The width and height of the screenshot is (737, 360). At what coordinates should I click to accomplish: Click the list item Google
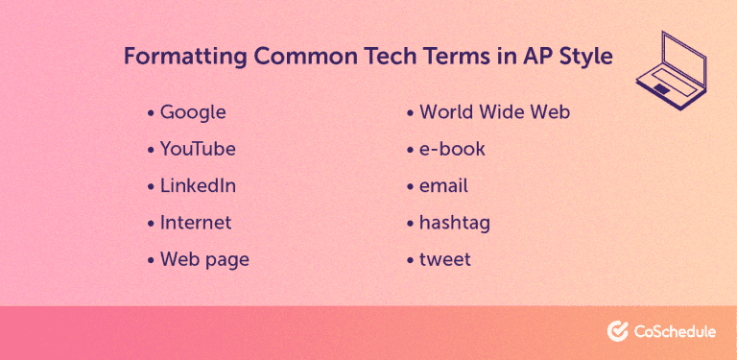tap(193, 112)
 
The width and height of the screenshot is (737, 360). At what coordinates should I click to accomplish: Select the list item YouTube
tap(198, 149)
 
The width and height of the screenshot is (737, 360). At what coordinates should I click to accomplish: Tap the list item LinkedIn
tap(198, 185)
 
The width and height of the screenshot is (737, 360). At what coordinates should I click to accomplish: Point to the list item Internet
tap(196, 222)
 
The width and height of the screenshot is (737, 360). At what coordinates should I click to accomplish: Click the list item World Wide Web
tap(494, 112)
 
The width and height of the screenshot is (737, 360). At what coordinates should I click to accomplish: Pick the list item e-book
tap(452, 149)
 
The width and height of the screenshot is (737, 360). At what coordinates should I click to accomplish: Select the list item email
tap(443, 185)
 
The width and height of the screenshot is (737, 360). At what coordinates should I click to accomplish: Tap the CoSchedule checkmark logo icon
tap(618, 331)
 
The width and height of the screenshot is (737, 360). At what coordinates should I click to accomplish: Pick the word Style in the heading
tap(585, 57)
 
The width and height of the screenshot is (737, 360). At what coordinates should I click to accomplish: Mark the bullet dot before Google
tap(151, 113)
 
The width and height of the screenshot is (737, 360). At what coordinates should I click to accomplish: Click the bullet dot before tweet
tap(411, 260)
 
